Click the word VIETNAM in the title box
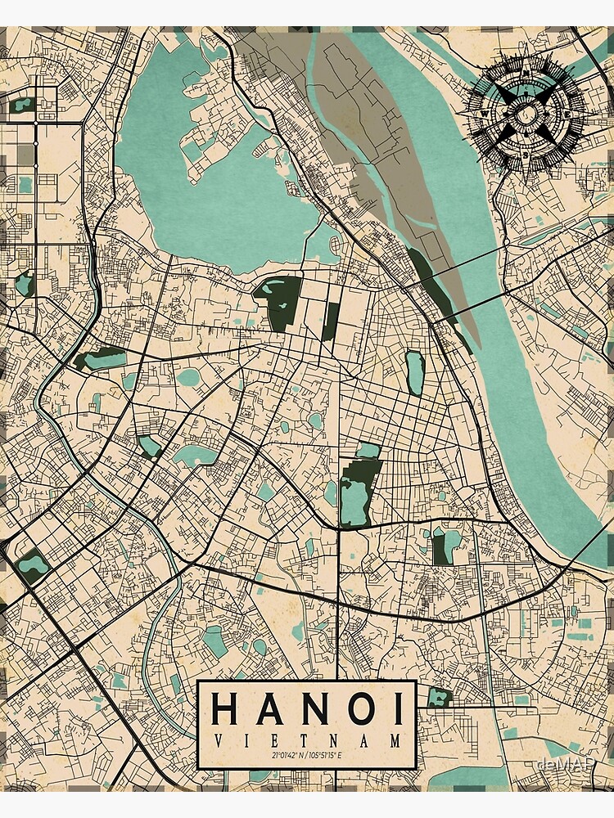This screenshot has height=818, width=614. pyautogui.click(x=308, y=740)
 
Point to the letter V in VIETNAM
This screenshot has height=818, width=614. pyautogui.click(x=215, y=740)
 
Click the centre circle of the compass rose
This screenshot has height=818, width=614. pyautogui.click(x=525, y=112)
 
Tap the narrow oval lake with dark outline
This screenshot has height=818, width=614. pyautogui.click(x=414, y=372)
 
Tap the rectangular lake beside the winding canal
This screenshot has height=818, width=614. pyautogui.click(x=33, y=564)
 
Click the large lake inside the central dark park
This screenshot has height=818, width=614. pyautogui.click(x=354, y=499)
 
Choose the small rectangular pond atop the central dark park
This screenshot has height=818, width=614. pyautogui.click(x=368, y=450)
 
